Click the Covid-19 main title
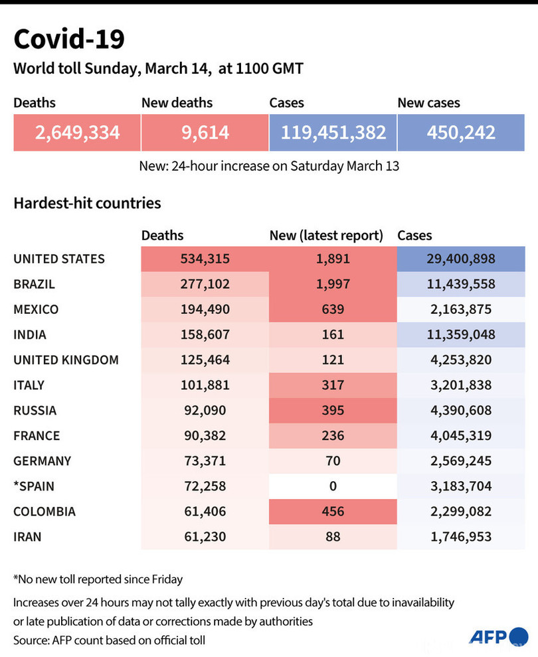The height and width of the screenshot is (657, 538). (x=69, y=39)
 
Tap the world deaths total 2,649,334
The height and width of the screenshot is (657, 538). (x=77, y=133)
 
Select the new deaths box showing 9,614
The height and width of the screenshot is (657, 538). (x=205, y=133)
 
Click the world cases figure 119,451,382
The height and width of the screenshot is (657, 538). (x=333, y=133)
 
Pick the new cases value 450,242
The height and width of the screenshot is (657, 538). (x=461, y=133)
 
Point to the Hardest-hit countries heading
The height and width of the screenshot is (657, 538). (x=87, y=203)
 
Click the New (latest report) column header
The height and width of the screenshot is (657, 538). (x=326, y=236)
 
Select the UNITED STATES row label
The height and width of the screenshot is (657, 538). (x=59, y=259)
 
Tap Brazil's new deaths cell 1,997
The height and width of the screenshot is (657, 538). (x=333, y=284)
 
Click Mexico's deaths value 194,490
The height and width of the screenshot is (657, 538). (x=205, y=309)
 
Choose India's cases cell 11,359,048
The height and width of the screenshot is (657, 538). (x=461, y=334)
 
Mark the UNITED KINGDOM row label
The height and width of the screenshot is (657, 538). (x=66, y=360)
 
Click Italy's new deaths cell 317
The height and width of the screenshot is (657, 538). (x=333, y=385)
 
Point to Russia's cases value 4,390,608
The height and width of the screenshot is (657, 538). (x=461, y=410)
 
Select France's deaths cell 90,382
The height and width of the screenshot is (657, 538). (x=205, y=436)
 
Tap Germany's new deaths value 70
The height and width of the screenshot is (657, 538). (x=333, y=461)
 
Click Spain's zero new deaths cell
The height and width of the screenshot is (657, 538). (x=333, y=486)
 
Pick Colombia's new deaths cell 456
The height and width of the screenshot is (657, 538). (x=333, y=512)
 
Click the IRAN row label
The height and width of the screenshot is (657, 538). (x=27, y=537)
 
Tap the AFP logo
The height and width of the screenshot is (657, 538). (x=499, y=637)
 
